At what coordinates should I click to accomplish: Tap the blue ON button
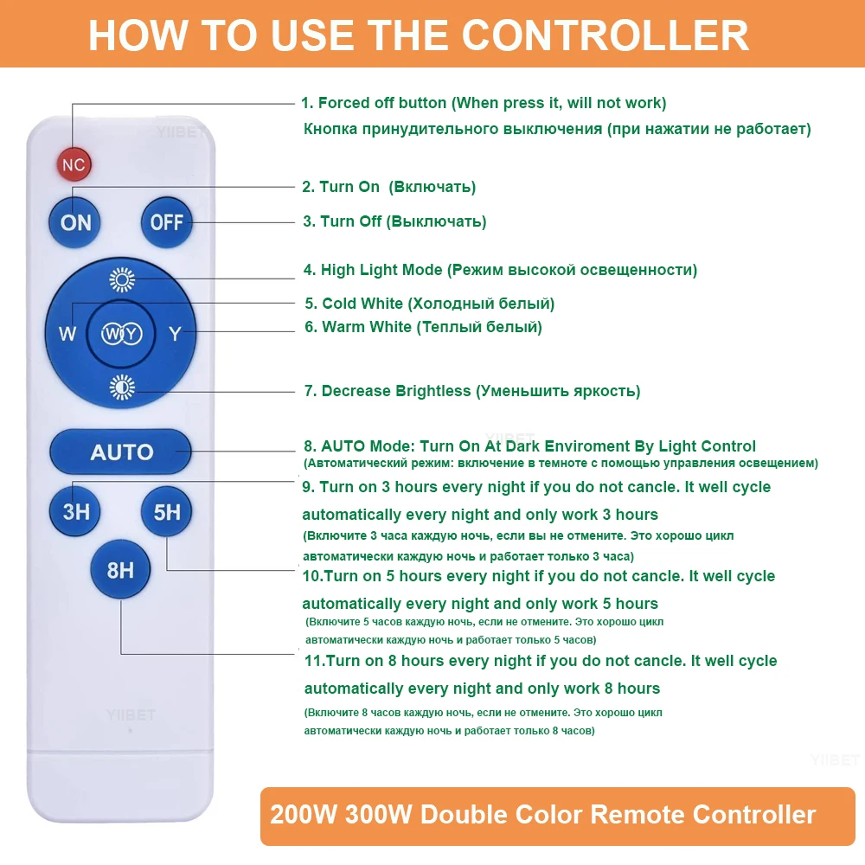click(x=76, y=222)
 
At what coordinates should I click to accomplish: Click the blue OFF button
click(x=166, y=222)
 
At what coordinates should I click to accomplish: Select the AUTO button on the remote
click(x=121, y=452)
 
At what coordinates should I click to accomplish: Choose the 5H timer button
click(x=167, y=511)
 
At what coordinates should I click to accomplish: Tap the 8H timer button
click(x=121, y=569)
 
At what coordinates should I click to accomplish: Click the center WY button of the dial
click(x=121, y=334)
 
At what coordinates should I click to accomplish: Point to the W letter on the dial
click(x=67, y=334)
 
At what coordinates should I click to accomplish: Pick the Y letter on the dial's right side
click(x=175, y=334)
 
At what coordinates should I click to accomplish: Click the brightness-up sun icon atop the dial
click(x=122, y=279)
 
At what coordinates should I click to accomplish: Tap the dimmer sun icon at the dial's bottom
click(x=122, y=389)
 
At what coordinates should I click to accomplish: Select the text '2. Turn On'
click(x=341, y=187)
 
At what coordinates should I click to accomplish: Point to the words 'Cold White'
click(x=362, y=304)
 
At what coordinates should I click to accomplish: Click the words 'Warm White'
click(x=367, y=327)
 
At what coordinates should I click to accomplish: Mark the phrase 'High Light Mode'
click(x=381, y=270)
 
